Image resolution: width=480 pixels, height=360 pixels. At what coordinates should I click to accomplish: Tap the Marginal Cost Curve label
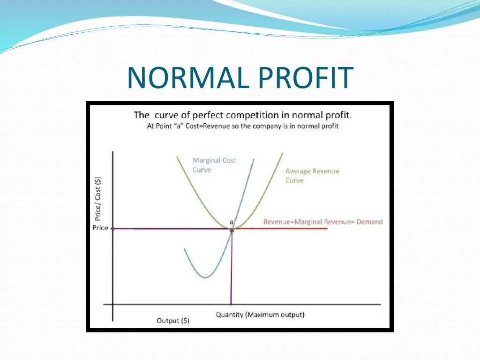click(x=214, y=165)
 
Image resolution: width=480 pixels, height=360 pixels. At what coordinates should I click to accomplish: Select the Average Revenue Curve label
click(x=312, y=176)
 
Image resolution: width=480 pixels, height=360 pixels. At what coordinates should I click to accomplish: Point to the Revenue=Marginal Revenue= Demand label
click(x=323, y=222)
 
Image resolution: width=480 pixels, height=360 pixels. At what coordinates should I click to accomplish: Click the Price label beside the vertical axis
click(x=100, y=228)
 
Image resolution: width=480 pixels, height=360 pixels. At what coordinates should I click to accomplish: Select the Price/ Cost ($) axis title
click(x=97, y=198)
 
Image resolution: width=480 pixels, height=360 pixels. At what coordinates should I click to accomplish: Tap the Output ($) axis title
click(x=173, y=321)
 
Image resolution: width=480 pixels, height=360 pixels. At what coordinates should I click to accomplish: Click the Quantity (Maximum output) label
click(x=260, y=315)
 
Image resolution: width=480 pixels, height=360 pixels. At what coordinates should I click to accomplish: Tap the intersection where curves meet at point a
click(x=231, y=228)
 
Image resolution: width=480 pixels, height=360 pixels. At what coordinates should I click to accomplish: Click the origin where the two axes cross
click(x=113, y=304)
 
